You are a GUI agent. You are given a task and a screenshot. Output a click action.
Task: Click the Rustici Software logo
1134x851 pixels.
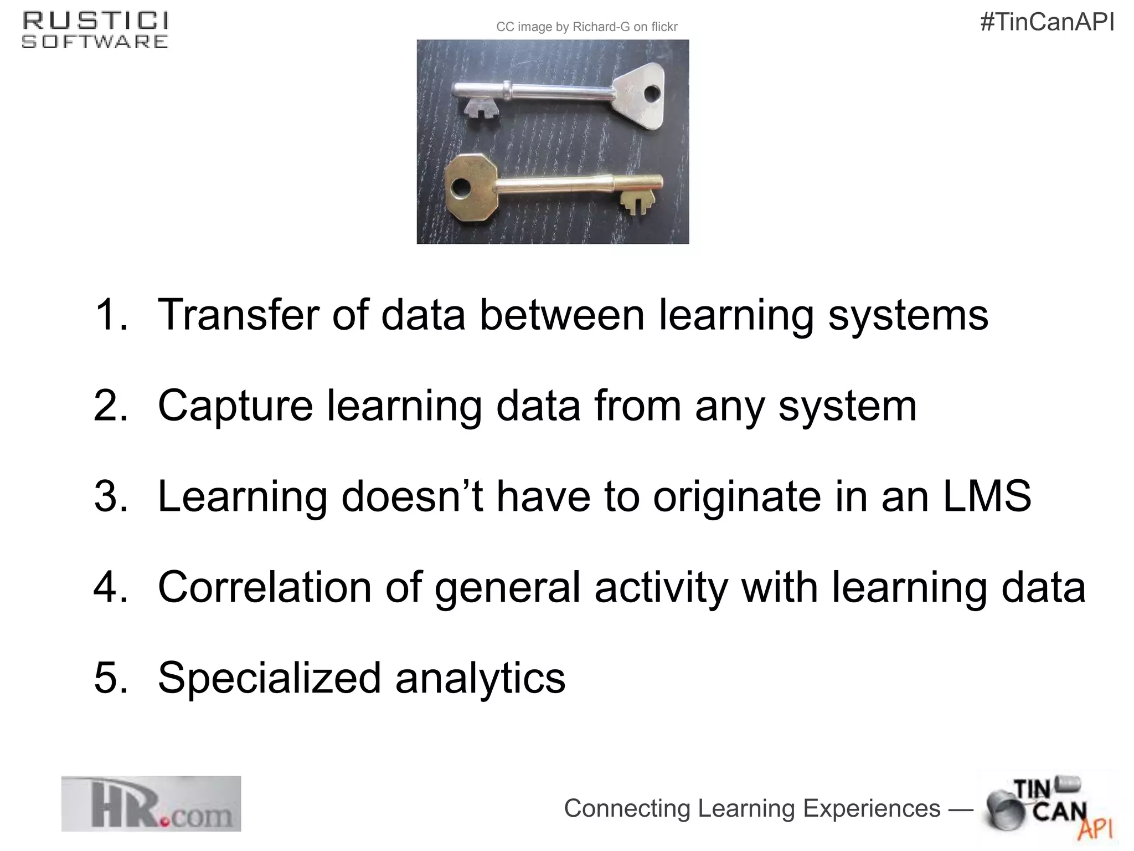pos(95,30)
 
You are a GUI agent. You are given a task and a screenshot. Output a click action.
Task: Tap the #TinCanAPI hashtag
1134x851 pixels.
pos(1047,23)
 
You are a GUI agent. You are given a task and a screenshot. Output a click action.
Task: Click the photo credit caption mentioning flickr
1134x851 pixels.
pos(586,27)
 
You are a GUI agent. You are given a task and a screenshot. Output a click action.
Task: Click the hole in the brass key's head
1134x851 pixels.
pos(460,188)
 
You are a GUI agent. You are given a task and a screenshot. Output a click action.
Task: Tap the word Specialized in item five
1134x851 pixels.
pos(269,678)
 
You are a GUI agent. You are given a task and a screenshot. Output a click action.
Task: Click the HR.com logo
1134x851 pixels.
pos(151,804)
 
